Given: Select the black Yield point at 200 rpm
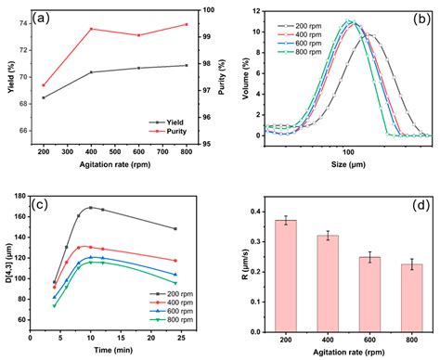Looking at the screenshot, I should pos(43,97).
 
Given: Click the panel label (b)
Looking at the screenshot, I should pos(421,17).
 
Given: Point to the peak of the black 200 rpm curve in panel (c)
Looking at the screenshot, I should pos(91,208).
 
